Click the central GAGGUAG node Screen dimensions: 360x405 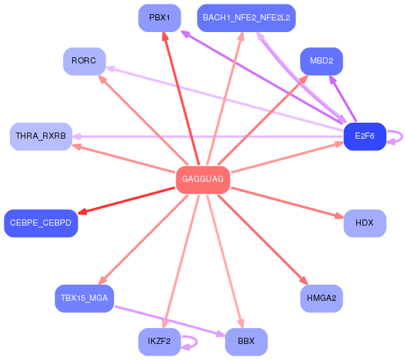(x=203, y=179)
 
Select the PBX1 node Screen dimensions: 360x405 (x=160, y=17)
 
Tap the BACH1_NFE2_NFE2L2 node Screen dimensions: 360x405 (x=246, y=17)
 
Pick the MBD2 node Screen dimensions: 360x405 (x=321, y=61)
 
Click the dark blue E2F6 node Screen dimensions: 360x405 (x=364, y=136)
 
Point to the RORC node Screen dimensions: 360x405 (x=84, y=61)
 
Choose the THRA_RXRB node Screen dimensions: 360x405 (x=41, y=136)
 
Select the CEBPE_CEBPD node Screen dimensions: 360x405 (x=41, y=223)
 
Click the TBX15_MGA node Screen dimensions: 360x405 (x=84, y=298)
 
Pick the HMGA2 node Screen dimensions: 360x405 (x=321, y=298)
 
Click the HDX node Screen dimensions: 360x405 (x=364, y=223)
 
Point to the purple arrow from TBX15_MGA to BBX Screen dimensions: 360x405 (x=166, y=321)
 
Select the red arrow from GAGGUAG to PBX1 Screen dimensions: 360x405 (x=181, y=99)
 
